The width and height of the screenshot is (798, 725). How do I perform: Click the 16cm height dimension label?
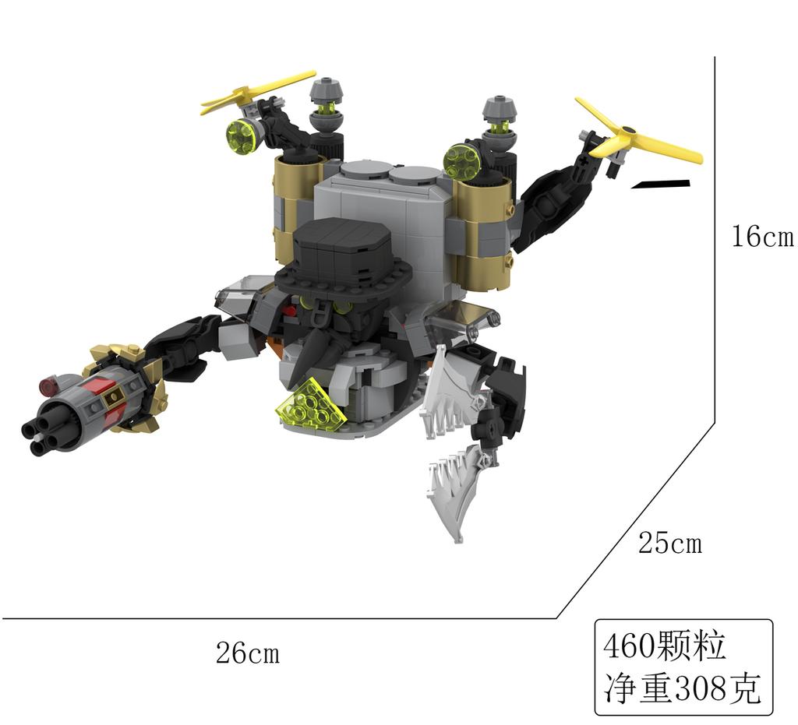[761, 237]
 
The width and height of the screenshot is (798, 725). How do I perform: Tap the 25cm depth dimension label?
[669, 543]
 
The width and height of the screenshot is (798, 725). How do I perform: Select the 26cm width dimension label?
[247, 653]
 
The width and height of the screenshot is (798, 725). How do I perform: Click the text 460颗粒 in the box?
[664, 646]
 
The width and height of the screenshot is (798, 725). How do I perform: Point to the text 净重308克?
[682, 688]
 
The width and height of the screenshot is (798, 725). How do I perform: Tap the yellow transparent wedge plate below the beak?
[315, 406]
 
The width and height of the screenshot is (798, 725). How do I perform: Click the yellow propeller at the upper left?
[257, 93]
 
